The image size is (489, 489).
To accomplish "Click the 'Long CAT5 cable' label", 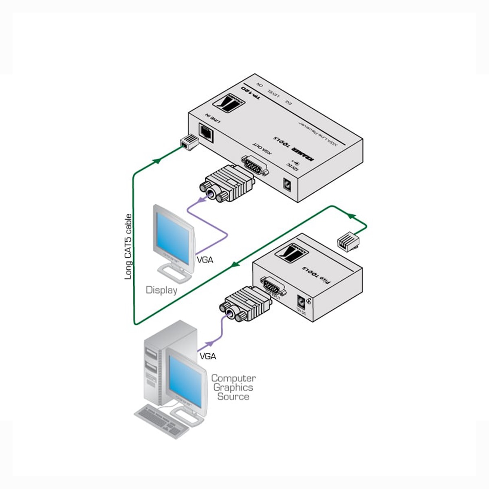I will [x=128, y=247].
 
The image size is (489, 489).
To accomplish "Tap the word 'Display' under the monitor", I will [x=161, y=290].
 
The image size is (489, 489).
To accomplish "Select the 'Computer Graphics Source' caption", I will [x=233, y=388].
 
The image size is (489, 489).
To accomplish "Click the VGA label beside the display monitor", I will [x=205, y=259].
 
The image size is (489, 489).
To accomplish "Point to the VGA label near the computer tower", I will [x=208, y=356].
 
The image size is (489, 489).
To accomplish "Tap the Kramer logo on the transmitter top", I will [x=292, y=255].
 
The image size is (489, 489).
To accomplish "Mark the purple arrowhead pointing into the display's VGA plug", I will [x=200, y=200].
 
